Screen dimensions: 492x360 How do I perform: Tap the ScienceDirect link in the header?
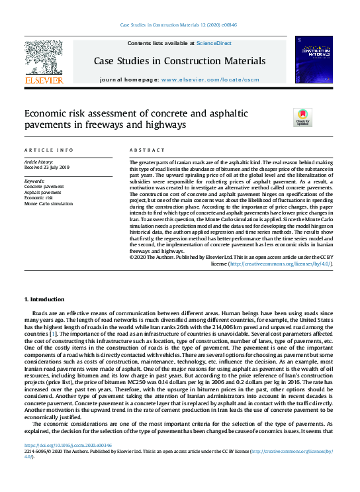tap(213, 43)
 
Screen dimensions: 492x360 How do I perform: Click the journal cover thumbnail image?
tap(314, 60)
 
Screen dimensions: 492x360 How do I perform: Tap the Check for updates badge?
tap(302, 117)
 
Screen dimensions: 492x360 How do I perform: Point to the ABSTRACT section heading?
tap(146, 150)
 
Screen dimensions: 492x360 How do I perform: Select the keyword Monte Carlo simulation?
tap(48, 203)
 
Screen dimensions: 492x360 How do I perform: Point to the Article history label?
tap(40, 162)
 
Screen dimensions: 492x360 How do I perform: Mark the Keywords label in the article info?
tap(34, 181)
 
